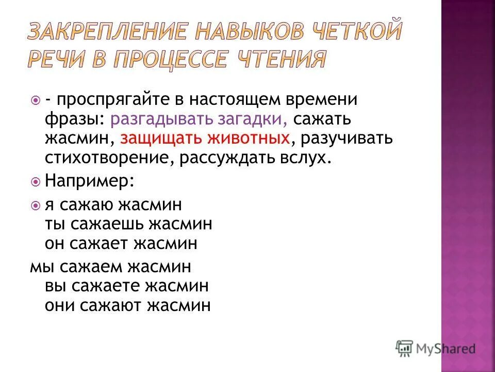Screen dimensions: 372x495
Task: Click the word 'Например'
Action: coord(90,181)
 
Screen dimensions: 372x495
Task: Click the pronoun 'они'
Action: coord(60,305)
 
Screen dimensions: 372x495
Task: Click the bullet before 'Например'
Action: coord(35,182)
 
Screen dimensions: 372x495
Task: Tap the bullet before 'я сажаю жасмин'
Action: coord(35,206)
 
